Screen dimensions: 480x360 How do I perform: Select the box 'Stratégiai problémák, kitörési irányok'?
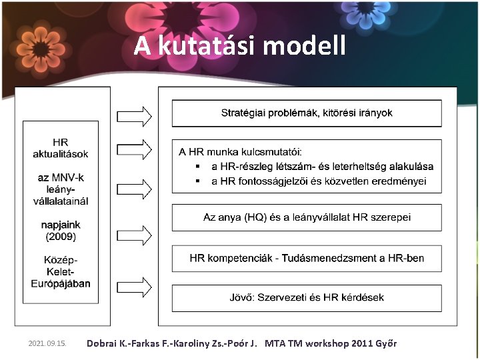(x=307, y=113)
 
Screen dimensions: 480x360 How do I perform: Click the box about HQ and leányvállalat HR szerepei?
(x=307, y=217)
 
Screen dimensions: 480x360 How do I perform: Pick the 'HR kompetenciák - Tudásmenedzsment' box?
(x=307, y=258)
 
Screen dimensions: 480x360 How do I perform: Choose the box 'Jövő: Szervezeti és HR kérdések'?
(x=307, y=297)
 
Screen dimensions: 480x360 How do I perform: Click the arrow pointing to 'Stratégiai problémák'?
(x=134, y=116)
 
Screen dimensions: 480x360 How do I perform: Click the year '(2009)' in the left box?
(x=61, y=237)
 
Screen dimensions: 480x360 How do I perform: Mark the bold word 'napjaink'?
(x=61, y=225)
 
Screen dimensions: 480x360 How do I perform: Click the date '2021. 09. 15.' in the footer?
(x=48, y=344)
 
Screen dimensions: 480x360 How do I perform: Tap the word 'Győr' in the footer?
(x=385, y=344)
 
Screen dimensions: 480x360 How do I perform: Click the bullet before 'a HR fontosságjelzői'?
(x=197, y=181)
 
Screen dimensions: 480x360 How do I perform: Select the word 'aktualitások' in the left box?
(x=61, y=154)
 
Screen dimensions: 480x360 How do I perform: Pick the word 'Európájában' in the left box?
(x=61, y=283)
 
